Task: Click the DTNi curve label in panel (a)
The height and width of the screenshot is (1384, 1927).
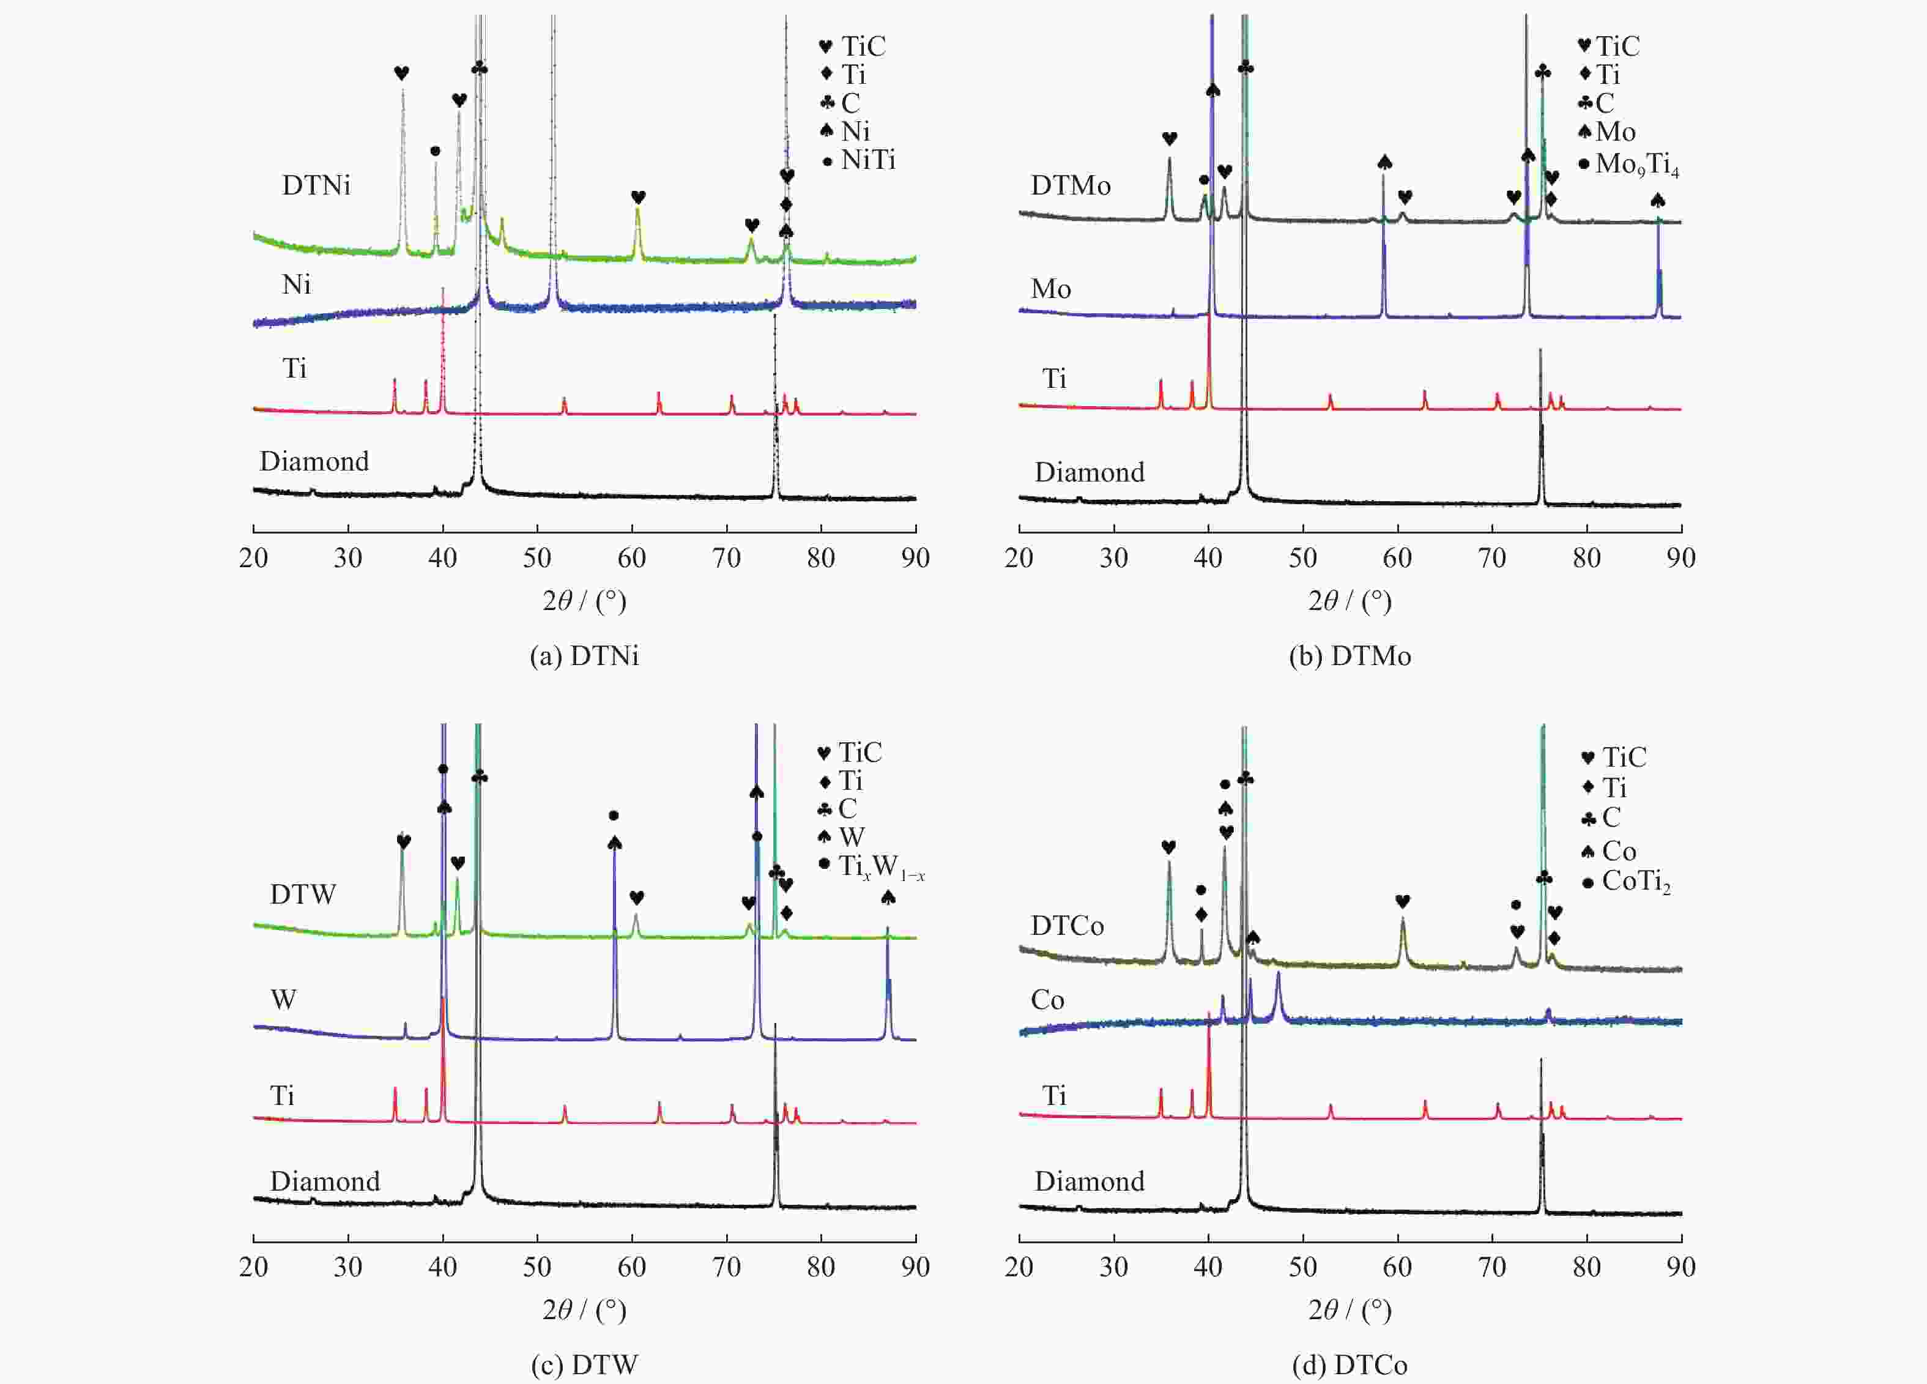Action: (316, 185)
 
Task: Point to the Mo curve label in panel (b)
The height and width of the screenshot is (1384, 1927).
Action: (1050, 289)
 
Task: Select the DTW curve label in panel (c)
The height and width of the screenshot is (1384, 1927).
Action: (302, 894)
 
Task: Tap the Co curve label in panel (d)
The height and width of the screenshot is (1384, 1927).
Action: (1047, 999)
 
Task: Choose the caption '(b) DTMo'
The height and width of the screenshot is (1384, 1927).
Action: (1350, 656)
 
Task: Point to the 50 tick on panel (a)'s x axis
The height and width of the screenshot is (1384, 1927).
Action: (537, 558)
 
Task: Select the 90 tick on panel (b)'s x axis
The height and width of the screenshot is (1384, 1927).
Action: (1680, 558)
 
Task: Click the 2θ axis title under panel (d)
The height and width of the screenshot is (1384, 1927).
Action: (1350, 1309)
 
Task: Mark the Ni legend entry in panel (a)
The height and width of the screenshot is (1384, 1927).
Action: (855, 131)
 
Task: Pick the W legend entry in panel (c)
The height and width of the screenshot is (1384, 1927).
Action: (850, 837)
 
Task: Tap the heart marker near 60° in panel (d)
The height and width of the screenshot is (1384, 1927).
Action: (1403, 901)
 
